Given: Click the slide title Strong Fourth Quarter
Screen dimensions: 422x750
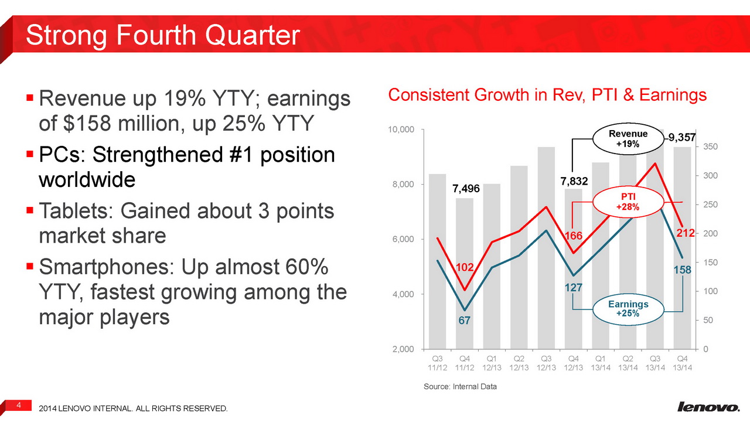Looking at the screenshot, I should [163, 35].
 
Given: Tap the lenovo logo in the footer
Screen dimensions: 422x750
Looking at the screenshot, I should [708, 407].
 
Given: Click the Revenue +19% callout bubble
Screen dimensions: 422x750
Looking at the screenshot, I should [628, 138].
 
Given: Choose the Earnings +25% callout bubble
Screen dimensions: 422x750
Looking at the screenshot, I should [628, 309].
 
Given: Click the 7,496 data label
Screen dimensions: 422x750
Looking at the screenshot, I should [466, 189].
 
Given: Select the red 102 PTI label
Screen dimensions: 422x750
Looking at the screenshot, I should [465, 267].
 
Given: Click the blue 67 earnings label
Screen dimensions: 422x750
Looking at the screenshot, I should [465, 321].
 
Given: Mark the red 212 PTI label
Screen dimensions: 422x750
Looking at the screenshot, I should [685, 233].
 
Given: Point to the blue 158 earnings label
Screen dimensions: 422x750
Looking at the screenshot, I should [683, 271].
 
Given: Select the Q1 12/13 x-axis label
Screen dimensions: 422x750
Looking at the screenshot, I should [492, 363].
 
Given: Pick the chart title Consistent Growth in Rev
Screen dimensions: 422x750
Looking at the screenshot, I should [547, 95].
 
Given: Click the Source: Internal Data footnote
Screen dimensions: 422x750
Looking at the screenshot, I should [459, 387].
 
